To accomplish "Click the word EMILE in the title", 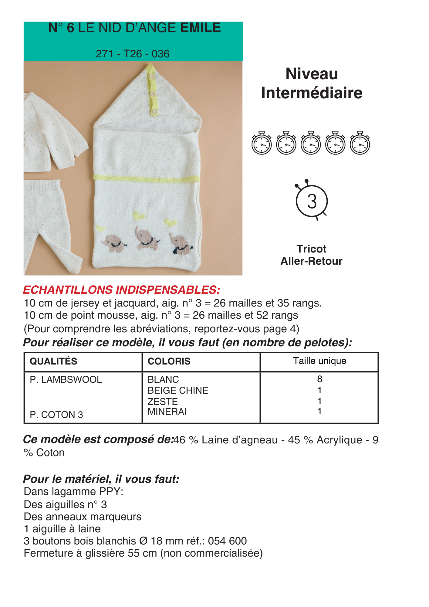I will pos(201,28).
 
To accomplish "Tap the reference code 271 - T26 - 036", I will pos(133,54).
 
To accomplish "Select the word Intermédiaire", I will pos(312,93).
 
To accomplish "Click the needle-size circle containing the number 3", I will pos(312,201).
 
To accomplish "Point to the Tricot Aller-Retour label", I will pos(311,255).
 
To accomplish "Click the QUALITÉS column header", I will pos(53,361).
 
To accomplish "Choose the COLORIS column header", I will pos(169,361).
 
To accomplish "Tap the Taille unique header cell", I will pos(319,361).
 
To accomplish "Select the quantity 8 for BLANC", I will pos(319,379).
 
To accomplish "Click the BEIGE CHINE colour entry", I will pos(178,390).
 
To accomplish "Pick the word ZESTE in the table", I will pos(163,402).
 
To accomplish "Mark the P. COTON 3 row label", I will pos(56,415).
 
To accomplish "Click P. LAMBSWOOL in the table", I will pos(66,379).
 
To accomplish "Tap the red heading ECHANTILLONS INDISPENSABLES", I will pos(121,290).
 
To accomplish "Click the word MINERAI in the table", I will pos(167,412).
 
